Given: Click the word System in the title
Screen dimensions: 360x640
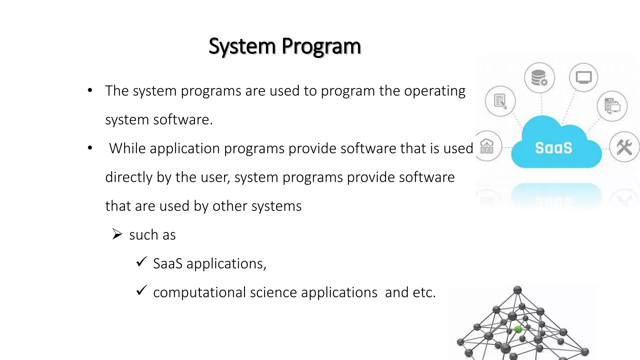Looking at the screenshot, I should point(242,46).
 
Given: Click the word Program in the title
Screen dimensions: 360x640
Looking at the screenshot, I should point(321,46).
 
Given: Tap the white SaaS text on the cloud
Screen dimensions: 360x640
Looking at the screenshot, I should point(553,148).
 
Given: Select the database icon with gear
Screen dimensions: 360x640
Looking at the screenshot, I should point(539,78).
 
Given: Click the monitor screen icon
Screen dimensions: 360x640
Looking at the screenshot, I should point(583,77).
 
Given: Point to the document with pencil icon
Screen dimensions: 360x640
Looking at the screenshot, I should point(500,101).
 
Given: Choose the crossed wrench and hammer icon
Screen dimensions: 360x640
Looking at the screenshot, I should point(624,147).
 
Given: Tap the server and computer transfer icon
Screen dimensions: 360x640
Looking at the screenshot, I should point(612,106).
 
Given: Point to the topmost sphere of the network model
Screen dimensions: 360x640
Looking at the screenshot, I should point(517,290).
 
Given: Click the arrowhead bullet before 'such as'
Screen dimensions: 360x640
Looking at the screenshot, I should point(117,234).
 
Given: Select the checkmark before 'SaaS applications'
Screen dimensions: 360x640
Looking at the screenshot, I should point(142,262).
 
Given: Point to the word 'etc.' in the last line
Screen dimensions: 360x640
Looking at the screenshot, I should point(424,293).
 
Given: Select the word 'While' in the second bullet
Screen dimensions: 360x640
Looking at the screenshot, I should point(127,148).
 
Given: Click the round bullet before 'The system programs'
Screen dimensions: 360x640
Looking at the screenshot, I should point(90,91).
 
